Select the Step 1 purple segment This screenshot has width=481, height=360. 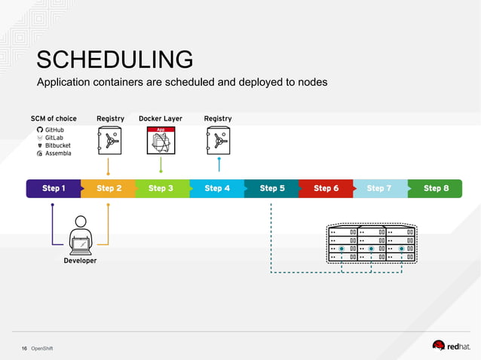coord(53,188)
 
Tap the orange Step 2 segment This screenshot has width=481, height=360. coord(109,188)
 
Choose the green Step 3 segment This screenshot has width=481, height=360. coord(161,188)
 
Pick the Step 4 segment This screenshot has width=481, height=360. coord(217,188)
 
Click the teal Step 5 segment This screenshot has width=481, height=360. coord(272,188)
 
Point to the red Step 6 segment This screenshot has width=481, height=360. coord(326,188)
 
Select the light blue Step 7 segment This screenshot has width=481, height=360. coord(379,188)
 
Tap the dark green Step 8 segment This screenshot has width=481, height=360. coord(436,188)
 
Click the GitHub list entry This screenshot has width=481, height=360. coord(54,130)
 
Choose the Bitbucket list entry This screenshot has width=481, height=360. coord(57,145)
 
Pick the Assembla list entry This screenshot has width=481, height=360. coord(57,154)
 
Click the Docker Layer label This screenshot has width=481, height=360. coord(161,118)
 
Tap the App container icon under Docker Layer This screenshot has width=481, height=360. coord(161,141)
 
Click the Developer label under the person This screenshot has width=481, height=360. coord(80,261)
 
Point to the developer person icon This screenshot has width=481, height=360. coord(80,235)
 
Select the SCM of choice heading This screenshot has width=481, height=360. coord(54,118)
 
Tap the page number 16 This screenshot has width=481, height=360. coord(24,348)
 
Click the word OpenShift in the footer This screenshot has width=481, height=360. coord(42,348)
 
